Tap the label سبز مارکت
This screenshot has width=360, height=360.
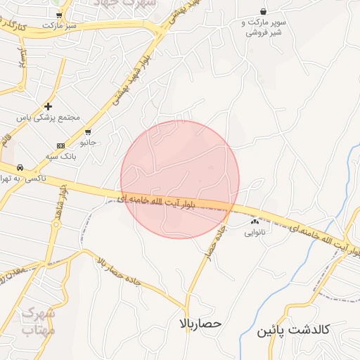tap(59, 25)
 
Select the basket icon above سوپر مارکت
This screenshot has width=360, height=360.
tap(263, 11)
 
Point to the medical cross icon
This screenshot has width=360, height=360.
tap(48, 106)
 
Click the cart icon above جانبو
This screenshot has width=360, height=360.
tap(87, 131)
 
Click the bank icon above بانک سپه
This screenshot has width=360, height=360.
tap(60, 145)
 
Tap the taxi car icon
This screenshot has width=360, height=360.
tap(20, 167)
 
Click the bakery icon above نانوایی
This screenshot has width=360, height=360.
tap(255, 221)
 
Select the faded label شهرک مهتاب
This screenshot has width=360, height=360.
tap(38, 321)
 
